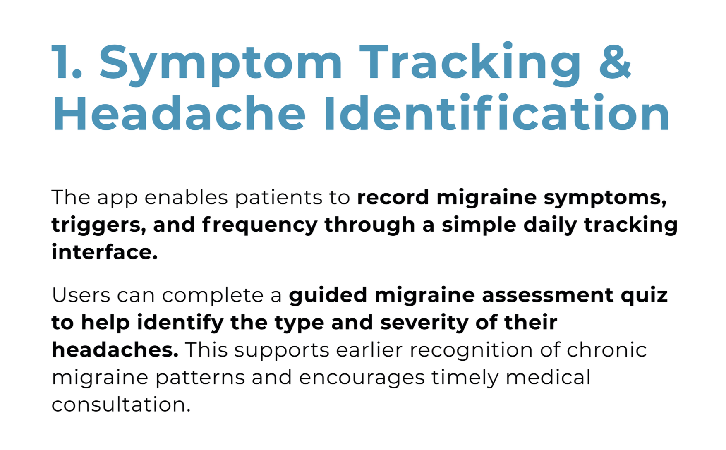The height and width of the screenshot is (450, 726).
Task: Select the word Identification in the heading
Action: point(496,113)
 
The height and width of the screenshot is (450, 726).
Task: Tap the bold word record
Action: point(393,197)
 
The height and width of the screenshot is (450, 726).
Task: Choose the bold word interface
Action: point(104,252)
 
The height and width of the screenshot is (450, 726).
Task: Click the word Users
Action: point(81,295)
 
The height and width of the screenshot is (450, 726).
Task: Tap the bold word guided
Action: point(328,295)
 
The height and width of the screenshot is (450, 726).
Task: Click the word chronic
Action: point(606,350)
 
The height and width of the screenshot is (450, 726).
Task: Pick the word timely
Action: point(465,378)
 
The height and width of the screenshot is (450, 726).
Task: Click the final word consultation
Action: point(120,405)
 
